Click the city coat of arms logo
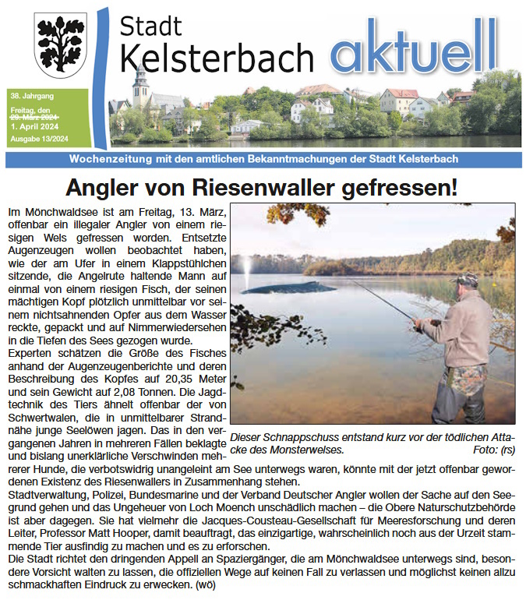[60, 44]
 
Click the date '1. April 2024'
[34, 125]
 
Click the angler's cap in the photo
[466, 279]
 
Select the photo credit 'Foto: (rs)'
[493, 450]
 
